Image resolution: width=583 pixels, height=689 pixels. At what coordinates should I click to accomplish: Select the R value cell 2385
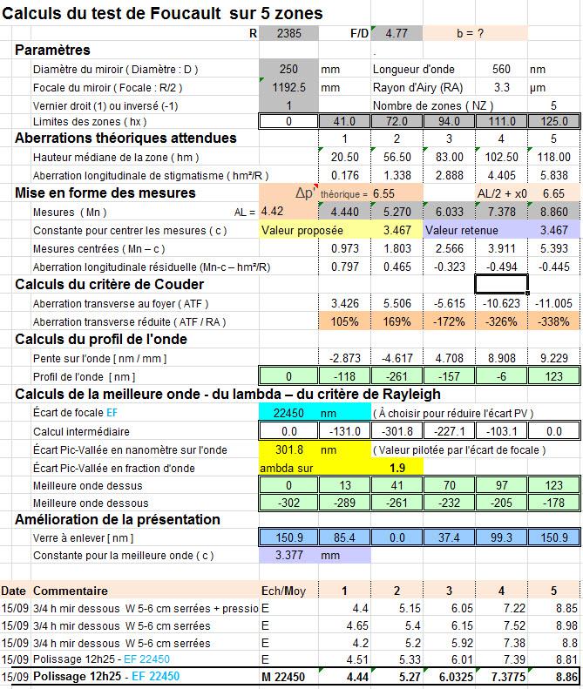pyautogui.click(x=289, y=33)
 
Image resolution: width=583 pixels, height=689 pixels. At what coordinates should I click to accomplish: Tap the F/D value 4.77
pyautogui.click(x=397, y=33)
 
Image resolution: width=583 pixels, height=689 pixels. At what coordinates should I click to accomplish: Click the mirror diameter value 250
pyautogui.click(x=289, y=70)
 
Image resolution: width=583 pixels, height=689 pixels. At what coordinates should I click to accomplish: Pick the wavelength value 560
pyautogui.click(x=499, y=70)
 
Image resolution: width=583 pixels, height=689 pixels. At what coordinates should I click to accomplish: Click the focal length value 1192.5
pyautogui.click(x=289, y=87)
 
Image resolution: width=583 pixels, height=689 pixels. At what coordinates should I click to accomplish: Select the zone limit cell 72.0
pyautogui.click(x=397, y=121)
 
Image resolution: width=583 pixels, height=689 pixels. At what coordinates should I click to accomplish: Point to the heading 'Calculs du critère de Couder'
pyautogui.click(x=110, y=285)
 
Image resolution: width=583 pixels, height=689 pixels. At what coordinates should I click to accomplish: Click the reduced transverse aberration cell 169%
pyautogui.click(x=397, y=321)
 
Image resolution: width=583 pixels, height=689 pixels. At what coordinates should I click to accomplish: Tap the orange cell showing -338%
pyautogui.click(x=553, y=321)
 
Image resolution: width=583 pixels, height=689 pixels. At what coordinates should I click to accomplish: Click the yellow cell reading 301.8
pyautogui.click(x=289, y=450)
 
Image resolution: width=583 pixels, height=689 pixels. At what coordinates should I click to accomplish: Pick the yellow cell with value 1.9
pyautogui.click(x=397, y=468)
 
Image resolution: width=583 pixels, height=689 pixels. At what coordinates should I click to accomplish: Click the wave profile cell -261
pyautogui.click(x=397, y=376)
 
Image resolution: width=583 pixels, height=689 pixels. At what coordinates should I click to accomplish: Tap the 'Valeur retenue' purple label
pyautogui.click(x=463, y=230)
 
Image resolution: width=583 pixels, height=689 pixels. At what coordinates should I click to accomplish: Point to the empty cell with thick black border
pyautogui.click(x=501, y=285)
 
